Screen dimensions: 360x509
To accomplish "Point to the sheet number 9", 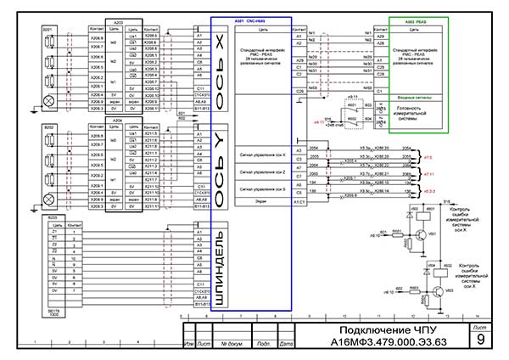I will tap(481, 340).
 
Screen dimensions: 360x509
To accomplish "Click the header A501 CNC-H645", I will tap(250, 20).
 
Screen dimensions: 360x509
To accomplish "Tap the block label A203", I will tap(117, 20).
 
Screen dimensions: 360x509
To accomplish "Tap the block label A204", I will tap(117, 121).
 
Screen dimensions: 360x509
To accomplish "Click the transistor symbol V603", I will tap(435, 291).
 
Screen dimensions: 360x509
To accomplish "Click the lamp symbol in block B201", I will tap(48, 100).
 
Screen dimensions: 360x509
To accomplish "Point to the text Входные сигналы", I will tap(417, 98).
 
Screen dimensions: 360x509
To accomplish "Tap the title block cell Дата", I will tap(286, 344).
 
